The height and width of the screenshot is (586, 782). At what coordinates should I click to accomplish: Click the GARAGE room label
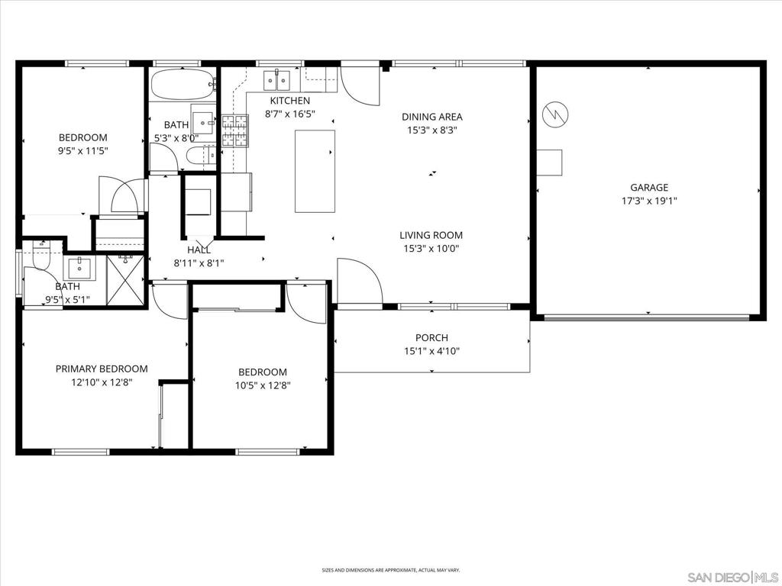coord(648,188)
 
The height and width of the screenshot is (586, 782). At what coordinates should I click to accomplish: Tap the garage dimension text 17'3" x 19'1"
coord(648,201)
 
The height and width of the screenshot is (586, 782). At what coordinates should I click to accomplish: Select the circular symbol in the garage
coord(554,114)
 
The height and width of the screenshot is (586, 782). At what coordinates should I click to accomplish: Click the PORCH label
coord(431,338)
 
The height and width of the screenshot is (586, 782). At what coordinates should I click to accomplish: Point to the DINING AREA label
coord(432,117)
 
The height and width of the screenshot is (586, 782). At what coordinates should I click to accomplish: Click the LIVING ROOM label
coord(431,236)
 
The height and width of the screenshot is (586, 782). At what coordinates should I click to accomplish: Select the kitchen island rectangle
coord(315,171)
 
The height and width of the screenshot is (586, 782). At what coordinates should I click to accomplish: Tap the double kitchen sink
coord(277,79)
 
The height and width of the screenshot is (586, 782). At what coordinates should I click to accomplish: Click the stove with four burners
coord(235,130)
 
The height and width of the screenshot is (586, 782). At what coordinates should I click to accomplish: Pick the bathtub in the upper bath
coord(183,84)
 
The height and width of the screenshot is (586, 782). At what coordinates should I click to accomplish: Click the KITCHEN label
coord(289,101)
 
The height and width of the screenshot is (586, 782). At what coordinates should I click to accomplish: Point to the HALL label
coord(199,250)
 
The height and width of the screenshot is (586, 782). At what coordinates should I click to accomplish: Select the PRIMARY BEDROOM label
coord(102,369)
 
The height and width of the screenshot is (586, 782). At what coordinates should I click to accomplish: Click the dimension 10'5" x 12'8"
coord(261,385)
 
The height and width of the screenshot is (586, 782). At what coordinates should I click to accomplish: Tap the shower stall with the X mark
coord(125,280)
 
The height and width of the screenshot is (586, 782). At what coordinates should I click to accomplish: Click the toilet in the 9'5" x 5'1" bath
coord(40,254)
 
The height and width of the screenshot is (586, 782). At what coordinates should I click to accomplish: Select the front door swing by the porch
coord(359,281)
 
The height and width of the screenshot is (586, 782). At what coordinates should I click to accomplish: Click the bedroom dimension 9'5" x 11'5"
coord(83,151)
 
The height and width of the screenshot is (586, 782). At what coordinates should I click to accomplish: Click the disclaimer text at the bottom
coord(390,570)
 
